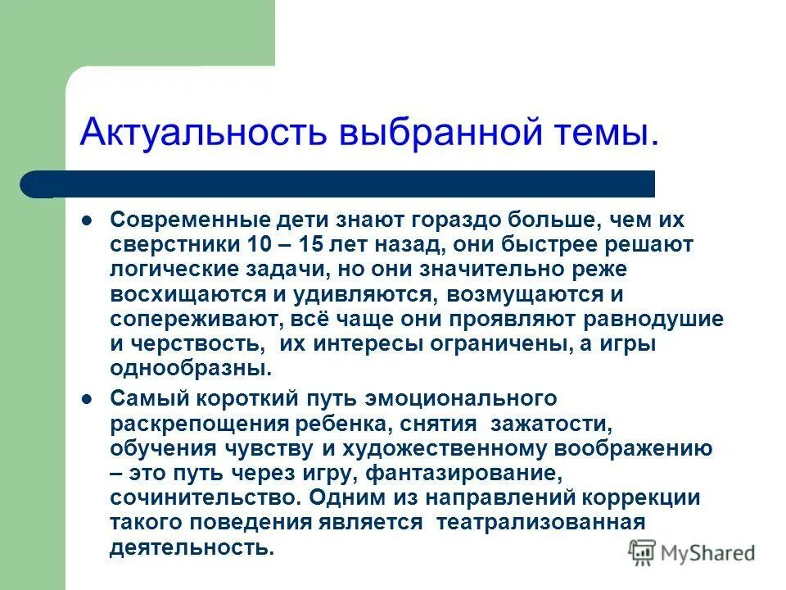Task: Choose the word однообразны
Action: click(191, 368)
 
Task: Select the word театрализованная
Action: click(541, 522)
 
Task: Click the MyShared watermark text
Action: click(707, 553)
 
